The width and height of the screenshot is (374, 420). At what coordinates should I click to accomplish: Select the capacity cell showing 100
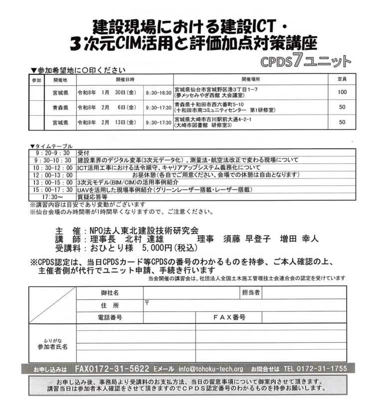(x=342, y=92)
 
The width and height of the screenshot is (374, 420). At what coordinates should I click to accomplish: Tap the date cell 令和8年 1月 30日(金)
(x=106, y=93)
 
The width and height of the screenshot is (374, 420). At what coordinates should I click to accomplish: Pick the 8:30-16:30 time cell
(x=159, y=93)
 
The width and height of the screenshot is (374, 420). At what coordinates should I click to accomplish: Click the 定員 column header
(x=342, y=79)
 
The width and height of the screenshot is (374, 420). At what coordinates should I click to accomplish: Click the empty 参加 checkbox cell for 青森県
(x=36, y=107)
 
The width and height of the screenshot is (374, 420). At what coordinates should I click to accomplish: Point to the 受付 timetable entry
(x=83, y=153)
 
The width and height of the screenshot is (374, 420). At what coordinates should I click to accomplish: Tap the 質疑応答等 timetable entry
(x=92, y=197)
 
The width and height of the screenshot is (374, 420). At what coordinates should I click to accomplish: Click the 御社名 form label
(x=110, y=292)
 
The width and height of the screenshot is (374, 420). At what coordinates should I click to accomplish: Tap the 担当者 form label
(x=250, y=292)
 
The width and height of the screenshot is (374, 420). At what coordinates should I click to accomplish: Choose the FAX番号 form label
(x=229, y=317)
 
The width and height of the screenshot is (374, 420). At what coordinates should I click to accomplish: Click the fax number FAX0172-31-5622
(x=112, y=369)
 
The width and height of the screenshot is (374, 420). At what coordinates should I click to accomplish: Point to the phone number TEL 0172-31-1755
(x=315, y=369)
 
